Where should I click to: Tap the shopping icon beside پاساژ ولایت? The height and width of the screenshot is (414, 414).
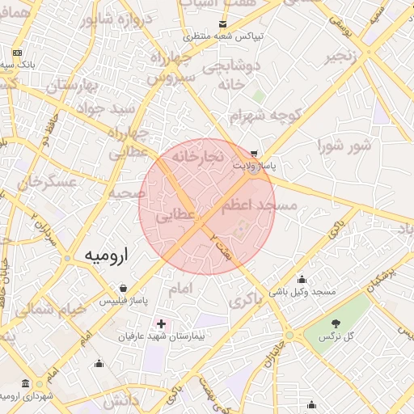(x=255, y=153)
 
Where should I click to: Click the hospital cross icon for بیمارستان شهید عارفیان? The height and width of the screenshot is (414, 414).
(x=161, y=323)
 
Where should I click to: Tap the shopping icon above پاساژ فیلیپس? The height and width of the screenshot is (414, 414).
(x=122, y=288)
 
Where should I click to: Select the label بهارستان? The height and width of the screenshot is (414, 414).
(x=71, y=84)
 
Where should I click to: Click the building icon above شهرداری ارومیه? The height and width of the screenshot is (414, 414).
(x=27, y=382)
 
